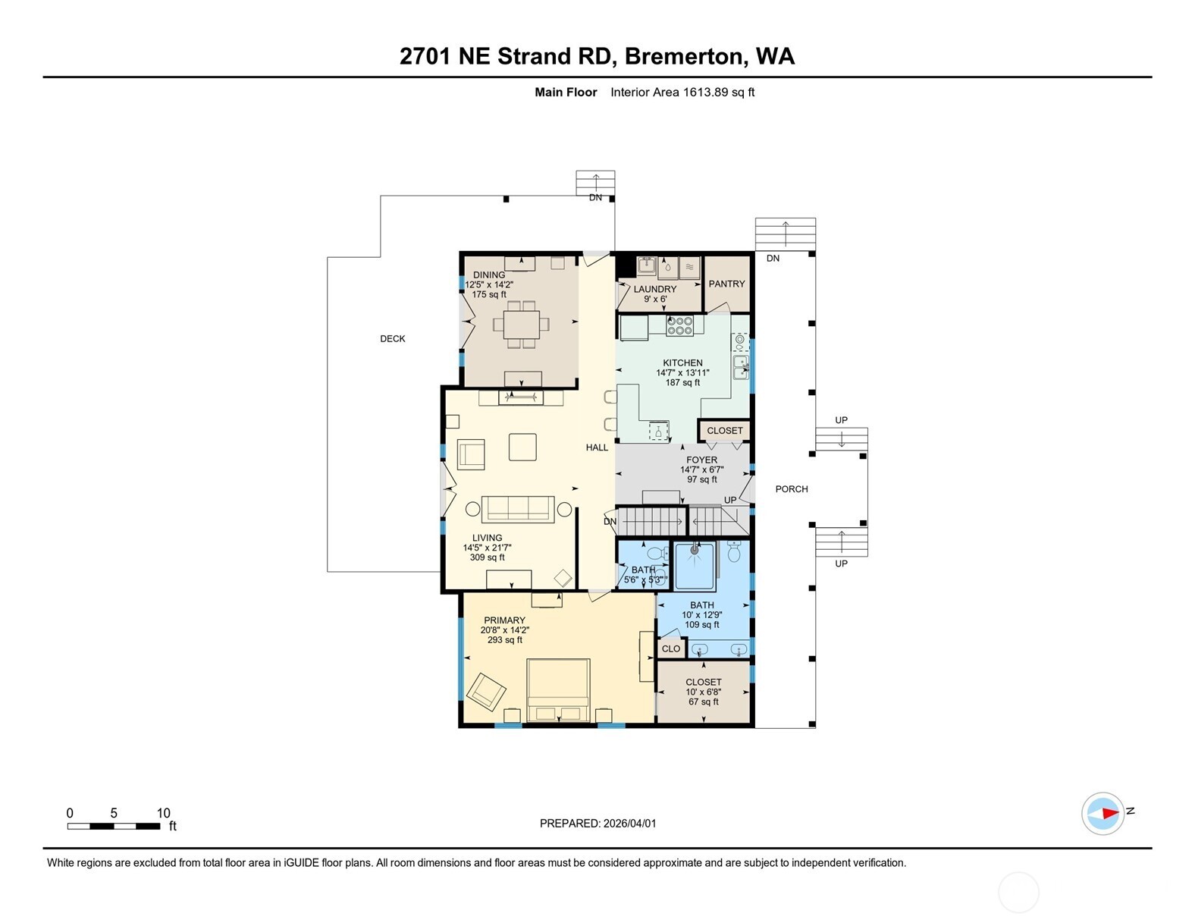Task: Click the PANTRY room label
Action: coord(726,284)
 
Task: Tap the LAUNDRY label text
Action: coord(654,289)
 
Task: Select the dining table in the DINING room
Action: coord(520,325)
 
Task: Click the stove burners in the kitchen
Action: coord(679,325)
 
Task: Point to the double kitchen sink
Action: coord(740,367)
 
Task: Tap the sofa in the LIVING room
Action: coord(518,508)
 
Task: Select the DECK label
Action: coord(393,339)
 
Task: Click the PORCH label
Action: coord(792,489)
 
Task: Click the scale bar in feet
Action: coord(114,826)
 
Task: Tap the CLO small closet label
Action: coord(671,648)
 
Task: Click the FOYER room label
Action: coord(701,460)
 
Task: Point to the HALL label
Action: coord(597,447)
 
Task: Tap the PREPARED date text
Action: coord(597,823)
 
